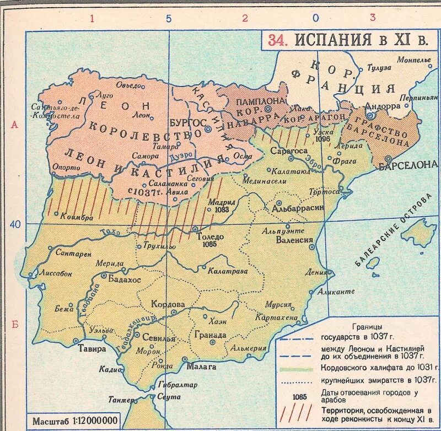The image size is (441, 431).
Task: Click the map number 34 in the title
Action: [x=277, y=40]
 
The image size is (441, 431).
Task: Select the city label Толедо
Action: [x=209, y=236]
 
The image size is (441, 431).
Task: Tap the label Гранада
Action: [x=210, y=335]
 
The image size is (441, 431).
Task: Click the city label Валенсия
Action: [x=295, y=240]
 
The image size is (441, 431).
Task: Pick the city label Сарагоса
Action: [x=287, y=150]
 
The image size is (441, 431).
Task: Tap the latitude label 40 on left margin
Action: [x=14, y=224]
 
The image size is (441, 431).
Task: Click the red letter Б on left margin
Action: [x=15, y=324]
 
